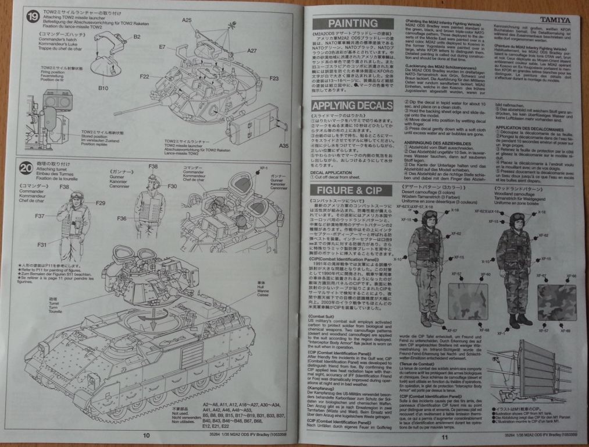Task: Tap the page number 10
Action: click(147, 434)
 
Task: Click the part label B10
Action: click(103, 88)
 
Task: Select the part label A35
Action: click(284, 145)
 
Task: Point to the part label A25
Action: click(186, 20)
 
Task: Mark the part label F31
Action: click(42, 245)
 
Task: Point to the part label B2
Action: click(137, 37)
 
